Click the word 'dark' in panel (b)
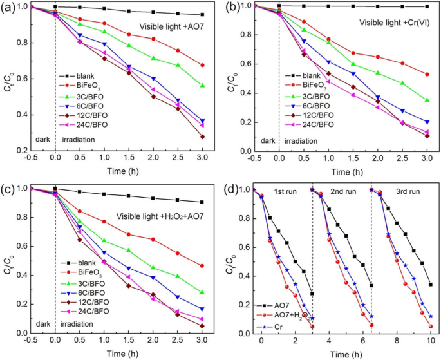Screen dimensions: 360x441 click(x=264, y=138)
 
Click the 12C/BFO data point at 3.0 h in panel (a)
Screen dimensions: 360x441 click(x=202, y=137)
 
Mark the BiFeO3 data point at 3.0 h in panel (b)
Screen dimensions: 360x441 click(x=427, y=74)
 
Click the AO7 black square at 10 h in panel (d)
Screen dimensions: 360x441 click(x=430, y=284)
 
